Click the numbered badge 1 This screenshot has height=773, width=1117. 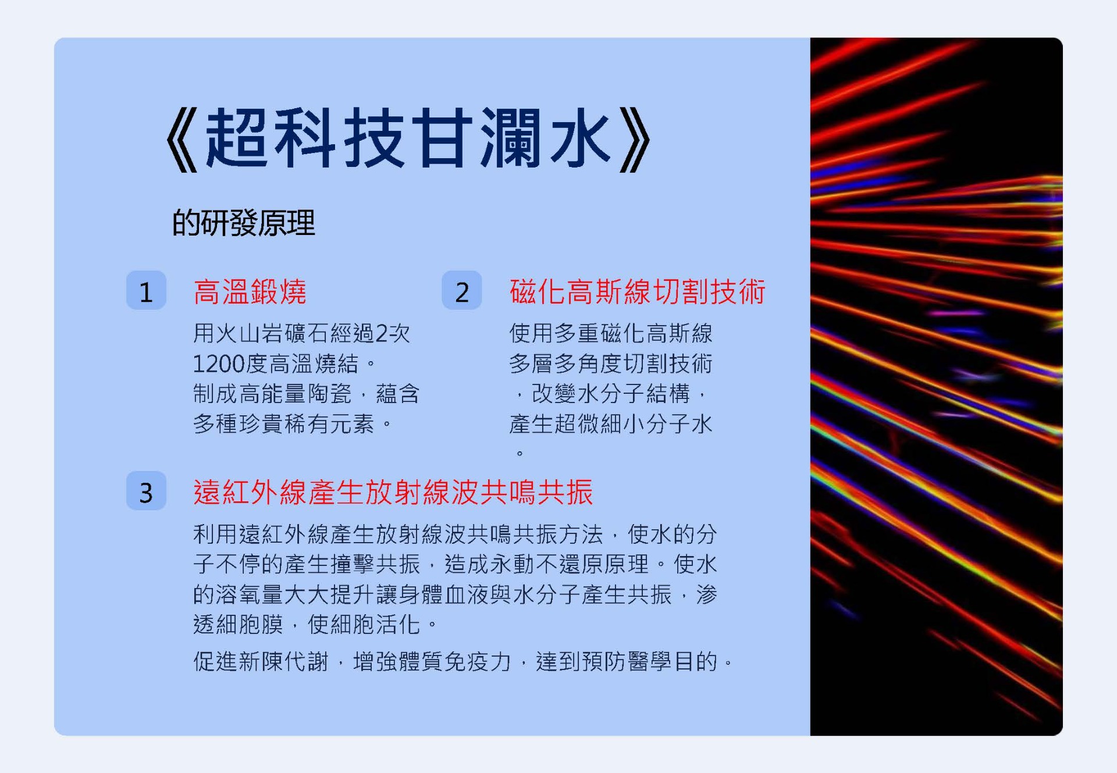click(146, 290)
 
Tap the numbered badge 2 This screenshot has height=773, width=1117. click(461, 290)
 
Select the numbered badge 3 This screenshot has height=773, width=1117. click(146, 491)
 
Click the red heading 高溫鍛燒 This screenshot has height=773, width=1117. click(250, 291)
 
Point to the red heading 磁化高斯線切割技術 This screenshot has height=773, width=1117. click(637, 291)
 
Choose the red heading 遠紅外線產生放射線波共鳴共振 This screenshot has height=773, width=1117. click(393, 492)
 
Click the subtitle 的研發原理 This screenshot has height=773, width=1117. click(243, 223)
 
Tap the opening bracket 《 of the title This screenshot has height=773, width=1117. click(182, 140)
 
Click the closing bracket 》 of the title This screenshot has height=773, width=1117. click(635, 140)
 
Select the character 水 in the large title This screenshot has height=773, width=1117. click(580, 138)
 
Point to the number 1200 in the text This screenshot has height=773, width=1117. click(219, 364)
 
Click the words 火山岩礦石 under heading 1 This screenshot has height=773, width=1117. click(272, 333)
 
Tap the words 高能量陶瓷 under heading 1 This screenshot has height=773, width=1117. click(295, 394)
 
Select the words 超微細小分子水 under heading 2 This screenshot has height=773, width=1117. click(633, 424)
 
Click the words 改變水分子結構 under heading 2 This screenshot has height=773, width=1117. click(610, 394)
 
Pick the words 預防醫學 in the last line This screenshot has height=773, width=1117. click(627, 661)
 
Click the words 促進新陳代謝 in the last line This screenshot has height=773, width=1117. click(261, 661)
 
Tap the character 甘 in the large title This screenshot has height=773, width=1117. click(442, 138)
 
